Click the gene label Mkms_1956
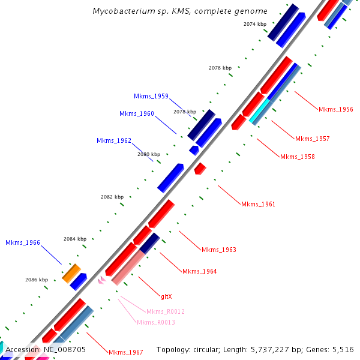coord(336,109)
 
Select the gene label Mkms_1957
coord(312,139)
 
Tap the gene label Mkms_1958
coord(297,157)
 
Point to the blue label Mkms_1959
coord(151,96)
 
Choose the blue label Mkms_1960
coord(136,113)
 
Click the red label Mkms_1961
coord(258,204)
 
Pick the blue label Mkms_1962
coord(114,140)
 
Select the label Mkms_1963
coord(219,250)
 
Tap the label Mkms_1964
coord(199,271)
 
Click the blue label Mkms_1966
coord(23,242)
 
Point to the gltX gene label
coord(166,296)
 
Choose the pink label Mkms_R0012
coord(166,311)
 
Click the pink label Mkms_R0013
coord(156,322)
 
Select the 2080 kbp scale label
coord(149,154)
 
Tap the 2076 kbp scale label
coord(220,68)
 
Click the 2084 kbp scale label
coord(75,239)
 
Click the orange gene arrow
coord(71,273)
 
